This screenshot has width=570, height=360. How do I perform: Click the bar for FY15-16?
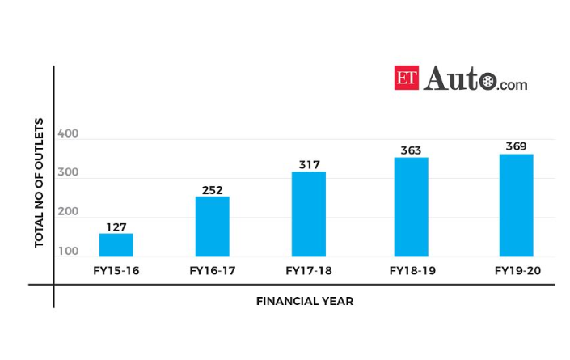tap(116, 245)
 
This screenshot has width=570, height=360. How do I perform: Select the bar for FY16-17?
tap(212, 227)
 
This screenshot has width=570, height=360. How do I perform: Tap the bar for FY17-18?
tap(308, 214)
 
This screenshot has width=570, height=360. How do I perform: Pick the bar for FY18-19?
tap(411, 207)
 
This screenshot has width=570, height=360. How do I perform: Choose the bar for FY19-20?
tap(516, 205)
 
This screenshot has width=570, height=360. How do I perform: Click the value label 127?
tap(116, 227)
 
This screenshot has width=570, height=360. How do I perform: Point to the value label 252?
tap(212, 190)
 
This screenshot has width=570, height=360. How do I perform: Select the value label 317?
tap(308, 165)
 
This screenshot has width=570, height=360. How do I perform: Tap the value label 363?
tap(411, 150)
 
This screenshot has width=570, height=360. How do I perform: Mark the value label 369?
tap(516, 146)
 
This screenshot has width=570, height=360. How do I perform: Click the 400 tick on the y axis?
tap(69, 133)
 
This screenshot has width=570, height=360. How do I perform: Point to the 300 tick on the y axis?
tap(69, 172)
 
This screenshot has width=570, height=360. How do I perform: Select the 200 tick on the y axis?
tap(69, 212)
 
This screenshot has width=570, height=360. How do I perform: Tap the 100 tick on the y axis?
tap(69, 251)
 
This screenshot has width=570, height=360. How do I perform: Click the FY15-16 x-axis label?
tap(116, 270)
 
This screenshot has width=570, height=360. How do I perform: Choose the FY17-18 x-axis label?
tap(308, 270)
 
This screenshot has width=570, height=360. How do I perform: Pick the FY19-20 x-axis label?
tap(517, 270)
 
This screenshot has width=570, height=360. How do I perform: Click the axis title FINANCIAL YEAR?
tap(305, 301)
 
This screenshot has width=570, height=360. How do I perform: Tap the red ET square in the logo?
tap(407, 78)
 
